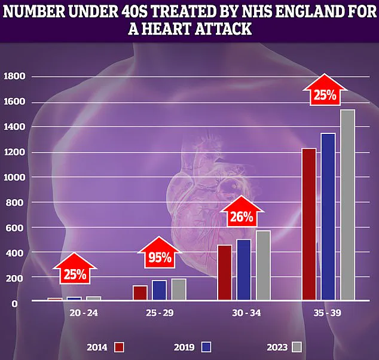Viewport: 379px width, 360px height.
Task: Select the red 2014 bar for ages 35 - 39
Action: (308, 224)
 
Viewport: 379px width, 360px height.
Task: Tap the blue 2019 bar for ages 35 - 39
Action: (328, 216)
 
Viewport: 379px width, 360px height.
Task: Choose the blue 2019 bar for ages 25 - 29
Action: (159, 290)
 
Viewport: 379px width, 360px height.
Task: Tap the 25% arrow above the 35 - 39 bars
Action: (323, 94)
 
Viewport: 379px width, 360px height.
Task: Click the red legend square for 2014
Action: (119, 347)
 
